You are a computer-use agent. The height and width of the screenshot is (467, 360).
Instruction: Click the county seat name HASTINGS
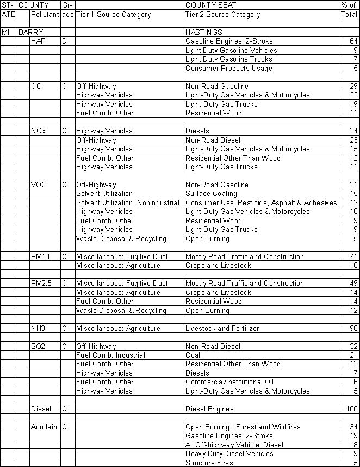point(203,33)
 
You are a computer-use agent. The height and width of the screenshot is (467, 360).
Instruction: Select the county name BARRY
point(30,33)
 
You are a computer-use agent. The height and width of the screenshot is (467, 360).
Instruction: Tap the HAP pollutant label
point(38,41)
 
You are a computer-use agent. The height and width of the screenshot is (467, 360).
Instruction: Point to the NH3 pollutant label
point(38,328)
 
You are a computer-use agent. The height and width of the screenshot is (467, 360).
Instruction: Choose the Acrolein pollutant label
point(44,427)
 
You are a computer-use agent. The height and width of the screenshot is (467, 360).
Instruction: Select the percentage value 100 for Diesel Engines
point(351,409)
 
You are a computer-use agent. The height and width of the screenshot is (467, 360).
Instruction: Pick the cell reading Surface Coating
point(211,194)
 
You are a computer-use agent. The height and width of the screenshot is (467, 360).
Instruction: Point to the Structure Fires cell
point(209,463)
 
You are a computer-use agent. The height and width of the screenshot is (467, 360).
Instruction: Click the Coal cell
point(193,355)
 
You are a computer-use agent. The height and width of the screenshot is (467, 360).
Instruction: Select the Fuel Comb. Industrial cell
point(110,355)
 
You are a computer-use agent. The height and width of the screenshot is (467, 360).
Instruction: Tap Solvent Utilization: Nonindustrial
point(127,202)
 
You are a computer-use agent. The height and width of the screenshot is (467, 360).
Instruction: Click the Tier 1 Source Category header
point(113,15)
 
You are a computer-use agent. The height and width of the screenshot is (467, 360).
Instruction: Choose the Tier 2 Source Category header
point(222,15)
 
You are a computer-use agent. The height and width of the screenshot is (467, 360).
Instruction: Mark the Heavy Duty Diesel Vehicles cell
point(229,454)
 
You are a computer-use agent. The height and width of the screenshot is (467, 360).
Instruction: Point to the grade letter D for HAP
point(64,41)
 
